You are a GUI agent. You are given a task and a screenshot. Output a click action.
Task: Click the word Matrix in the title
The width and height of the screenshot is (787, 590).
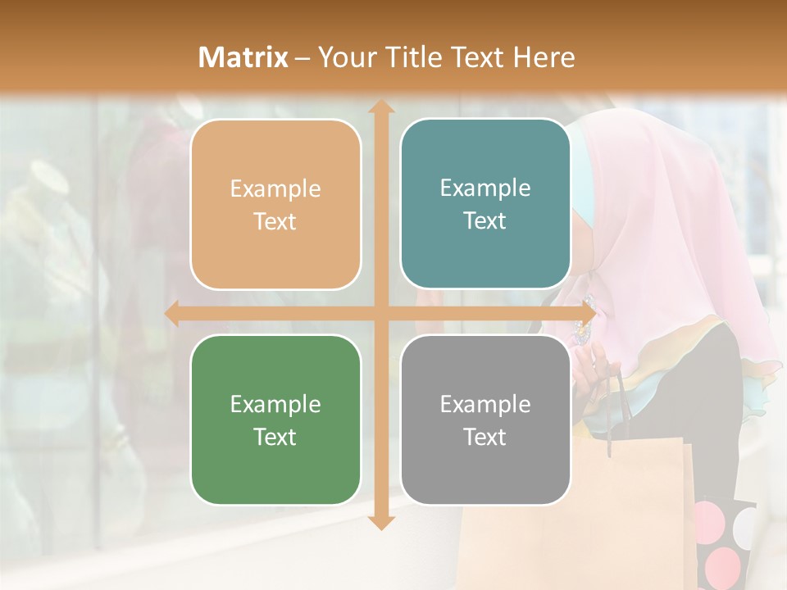pos(243,57)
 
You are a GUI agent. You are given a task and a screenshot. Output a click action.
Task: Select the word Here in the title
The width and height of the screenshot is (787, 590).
pos(544,57)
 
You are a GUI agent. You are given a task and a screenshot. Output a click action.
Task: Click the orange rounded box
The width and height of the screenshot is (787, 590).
pos(275,204)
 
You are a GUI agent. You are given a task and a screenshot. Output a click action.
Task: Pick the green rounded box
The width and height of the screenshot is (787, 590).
pos(275,420)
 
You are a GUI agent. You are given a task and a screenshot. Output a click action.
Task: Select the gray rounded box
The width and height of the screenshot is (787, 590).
pos(485,420)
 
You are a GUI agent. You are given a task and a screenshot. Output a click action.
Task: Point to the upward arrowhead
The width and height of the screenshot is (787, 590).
pos(380,107)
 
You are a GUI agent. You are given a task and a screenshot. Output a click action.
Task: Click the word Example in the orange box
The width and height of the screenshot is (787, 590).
pos(275,189)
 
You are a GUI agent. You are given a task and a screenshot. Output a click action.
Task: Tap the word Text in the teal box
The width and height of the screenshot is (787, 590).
pos(485,221)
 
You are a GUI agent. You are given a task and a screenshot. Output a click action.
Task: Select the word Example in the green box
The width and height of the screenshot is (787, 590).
pos(275,404)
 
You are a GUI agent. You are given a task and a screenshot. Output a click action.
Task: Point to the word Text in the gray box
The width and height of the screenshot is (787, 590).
pos(485,437)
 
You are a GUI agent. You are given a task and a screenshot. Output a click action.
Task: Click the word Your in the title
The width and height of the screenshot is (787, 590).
pos(343,57)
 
